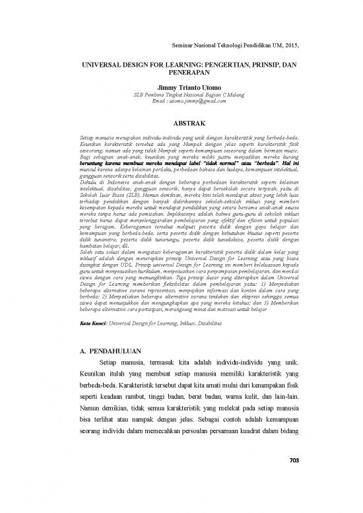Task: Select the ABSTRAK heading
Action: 180,123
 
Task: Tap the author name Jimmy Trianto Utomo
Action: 180,87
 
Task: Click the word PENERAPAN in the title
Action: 180,75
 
